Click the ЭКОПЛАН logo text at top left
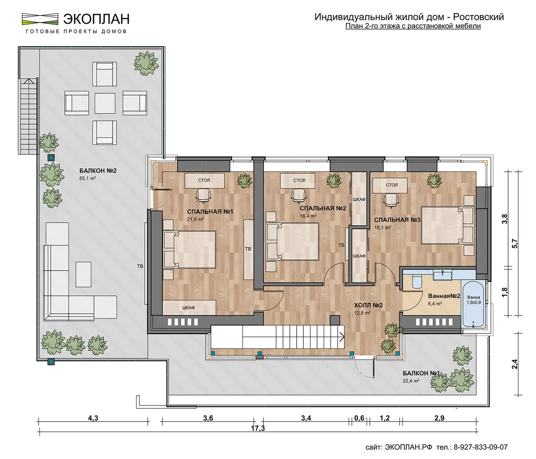pyautogui.click(x=96, y=19)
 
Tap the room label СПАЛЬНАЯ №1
pyautogui.click(x=210, y=211)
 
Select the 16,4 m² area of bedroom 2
pyautogui.click(x=308, y=216)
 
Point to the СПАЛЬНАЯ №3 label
pyautogui.click(x=397, y=220)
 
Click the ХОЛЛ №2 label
pyautogui.click(x=368, y=306)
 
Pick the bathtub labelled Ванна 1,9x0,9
pyautogui.click(x=473, y=307)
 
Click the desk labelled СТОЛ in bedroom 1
pyautogui.click(x=204, y=181)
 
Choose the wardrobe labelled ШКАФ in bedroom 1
pyautogui.click(x=189, y=308)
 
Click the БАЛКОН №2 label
pyautogui.click(x=98, y=171)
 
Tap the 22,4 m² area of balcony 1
pyautogui.click(x=411, y=381)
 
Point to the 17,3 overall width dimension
pyautogui.click(x=258, y=428)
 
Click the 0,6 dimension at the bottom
pyautogui.click(x=359, y=418)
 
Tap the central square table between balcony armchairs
pyautogui.click(x=105, y=103)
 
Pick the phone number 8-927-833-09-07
pyautogui.click(x=481, y=447)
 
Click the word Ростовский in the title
pyautogui.click(x=478, y=17)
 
